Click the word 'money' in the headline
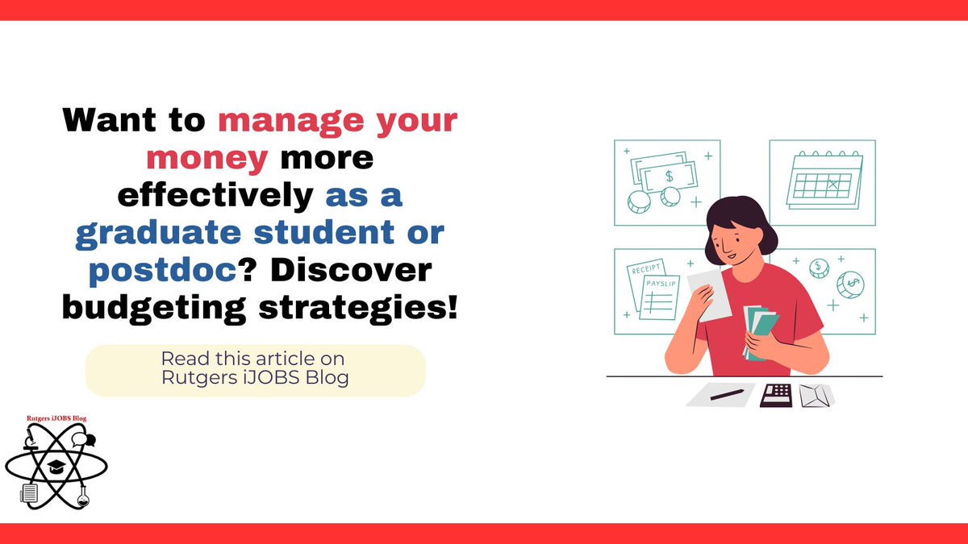[207, 157]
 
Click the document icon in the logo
[29, 492]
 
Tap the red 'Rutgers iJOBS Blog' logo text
[56, 417]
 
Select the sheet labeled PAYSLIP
[661, 296]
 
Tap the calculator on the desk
[776, 394]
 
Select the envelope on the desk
[816, 395]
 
